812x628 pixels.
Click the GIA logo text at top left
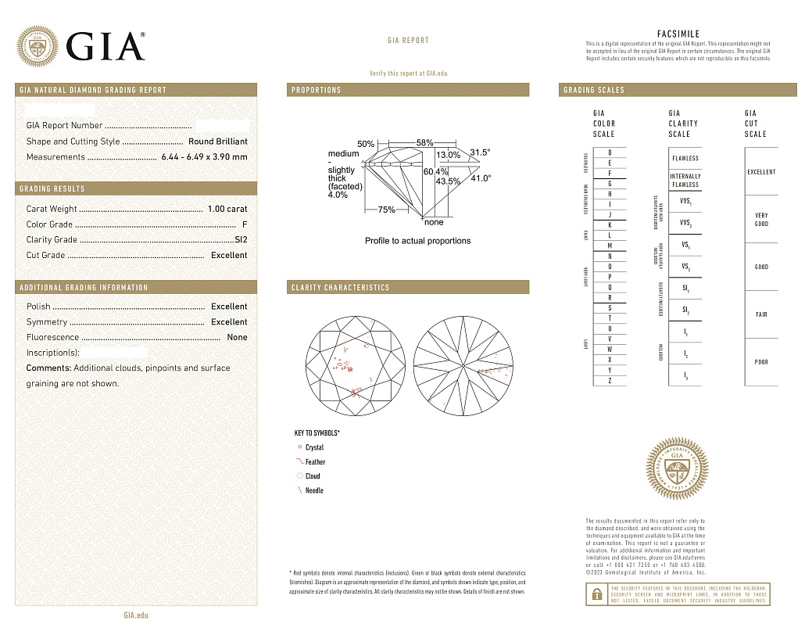(x=106, y=46)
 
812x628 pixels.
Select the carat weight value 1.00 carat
(x=227, y=209)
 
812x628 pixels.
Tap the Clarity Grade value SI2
(x=241, y=240)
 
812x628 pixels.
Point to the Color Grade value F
(x=245, y=224)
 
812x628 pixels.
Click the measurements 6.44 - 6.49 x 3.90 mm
(x=204, y=157)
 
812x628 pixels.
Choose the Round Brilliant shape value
(x=217, y=142)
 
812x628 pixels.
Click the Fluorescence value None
(x=237, y=338)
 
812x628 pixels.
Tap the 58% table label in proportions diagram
(x=424, y=143)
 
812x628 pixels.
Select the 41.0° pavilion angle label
(x=481, y=178)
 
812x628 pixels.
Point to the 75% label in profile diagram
(x=386, y=210)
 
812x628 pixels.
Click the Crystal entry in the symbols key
(x=314, y=447)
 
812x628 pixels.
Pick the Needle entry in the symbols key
(x=313, y=490)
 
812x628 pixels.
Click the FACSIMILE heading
(x=678, y=34)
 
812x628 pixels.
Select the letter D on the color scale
(x=599, y=152)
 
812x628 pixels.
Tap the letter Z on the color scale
(x=599, y=380)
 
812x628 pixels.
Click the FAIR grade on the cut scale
(x=761, y=314)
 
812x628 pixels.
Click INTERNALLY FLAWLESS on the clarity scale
(x=685, y=181)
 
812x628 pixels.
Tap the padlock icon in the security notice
(x=596, y=594)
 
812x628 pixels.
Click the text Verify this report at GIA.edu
(x=408, y=73)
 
